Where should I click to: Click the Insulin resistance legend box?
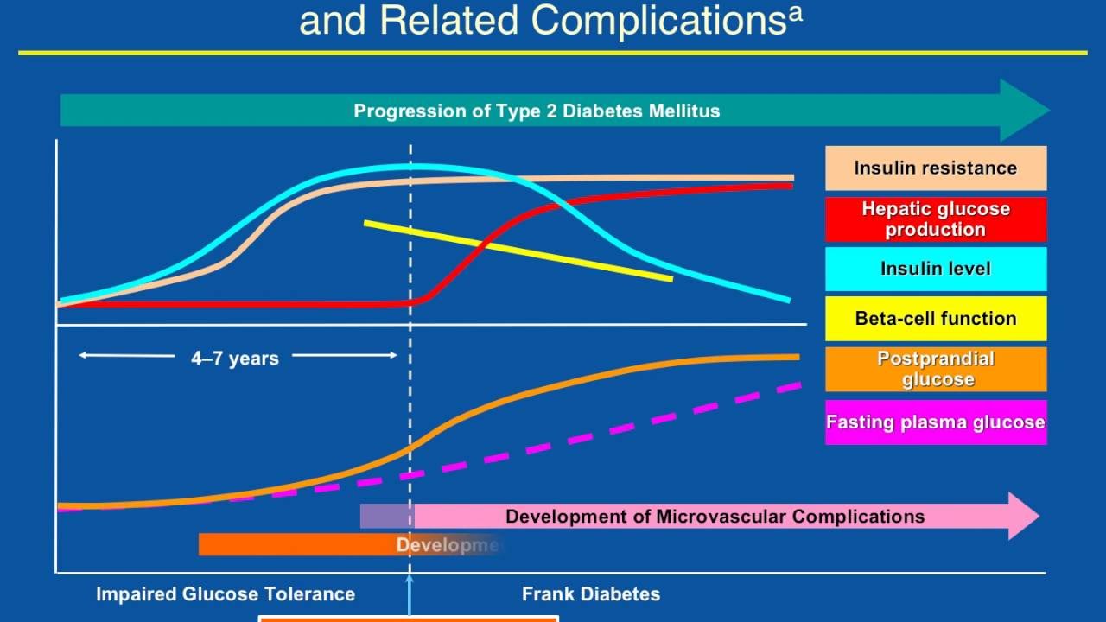tap(936, 168)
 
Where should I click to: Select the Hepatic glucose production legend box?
tap(936, 219)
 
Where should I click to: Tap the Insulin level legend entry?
tap(936, 269)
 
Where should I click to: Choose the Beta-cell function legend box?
tap(936, 319)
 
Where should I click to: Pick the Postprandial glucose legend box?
tap(936, 369)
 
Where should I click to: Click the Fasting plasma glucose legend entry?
tap(936, 422)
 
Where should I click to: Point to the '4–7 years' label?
tap(235, 359)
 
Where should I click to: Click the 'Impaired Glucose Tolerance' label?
tap(225, 594)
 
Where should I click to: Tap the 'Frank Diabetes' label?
tap(591, 594)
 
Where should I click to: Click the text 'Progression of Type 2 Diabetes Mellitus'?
tap(537, 111)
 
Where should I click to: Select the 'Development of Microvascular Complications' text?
tap(715, 517)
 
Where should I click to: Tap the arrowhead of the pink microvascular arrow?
tap(1025, 517)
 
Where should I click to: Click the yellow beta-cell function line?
tap(518, 251)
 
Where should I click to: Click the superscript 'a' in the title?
tap(795, 14)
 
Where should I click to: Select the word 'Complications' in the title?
tap(658, 21)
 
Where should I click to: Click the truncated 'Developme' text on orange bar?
tap(448, 545)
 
